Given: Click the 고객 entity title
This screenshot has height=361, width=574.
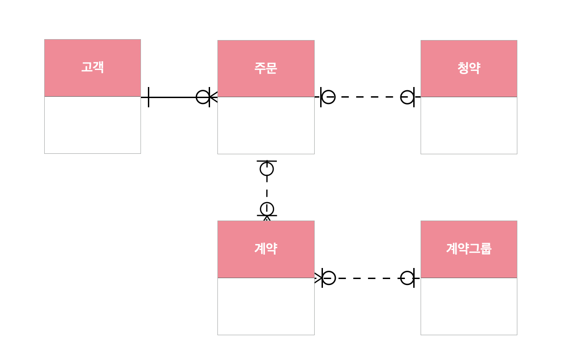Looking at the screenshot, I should pyautogui.click(x=93, y=67).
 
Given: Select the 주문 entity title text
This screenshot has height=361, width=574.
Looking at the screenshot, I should pyautogui.click(x=266, y=68).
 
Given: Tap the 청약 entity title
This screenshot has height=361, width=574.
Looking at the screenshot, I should pyautogui.click(x=469, y=68).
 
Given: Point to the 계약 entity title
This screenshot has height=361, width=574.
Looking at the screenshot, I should pyautogui.click(x=266, y=249).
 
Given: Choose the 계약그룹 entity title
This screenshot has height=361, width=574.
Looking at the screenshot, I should pyautogui.click(x=469, y=249).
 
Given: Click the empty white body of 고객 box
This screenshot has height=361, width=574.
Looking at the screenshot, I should pyautogui.click(x=93, y=125).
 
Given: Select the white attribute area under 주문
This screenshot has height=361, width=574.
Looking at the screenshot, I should pyautogui.click(x=266, y=125).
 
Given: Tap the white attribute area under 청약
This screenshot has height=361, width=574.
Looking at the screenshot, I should pyautogui.click(x=469, y=125).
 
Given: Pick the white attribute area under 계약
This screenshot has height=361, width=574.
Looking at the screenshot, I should pyautogui.click(x=266, y=306).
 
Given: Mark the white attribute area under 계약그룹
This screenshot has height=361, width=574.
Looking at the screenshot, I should pyautogui.click(x=469, y=306).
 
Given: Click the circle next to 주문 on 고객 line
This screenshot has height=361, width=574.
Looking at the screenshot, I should pyautogui.click(x=203, y=97).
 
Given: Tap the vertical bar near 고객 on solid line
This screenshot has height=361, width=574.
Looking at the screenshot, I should pyautogui.click(x=148, y=97).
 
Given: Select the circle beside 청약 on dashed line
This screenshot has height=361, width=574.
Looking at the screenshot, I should pyautogui.click(x=407, y=97).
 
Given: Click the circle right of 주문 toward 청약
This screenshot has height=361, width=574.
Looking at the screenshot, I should pyautogui.click(x=328, y=97).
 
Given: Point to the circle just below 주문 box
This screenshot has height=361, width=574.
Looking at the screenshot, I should pyautogui.click(x=267, y=169).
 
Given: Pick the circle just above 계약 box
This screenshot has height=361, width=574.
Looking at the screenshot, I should pyautogui.click(x=267, y=209).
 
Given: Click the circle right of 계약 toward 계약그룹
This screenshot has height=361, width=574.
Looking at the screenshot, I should pyautogui.click(x=328, y=278).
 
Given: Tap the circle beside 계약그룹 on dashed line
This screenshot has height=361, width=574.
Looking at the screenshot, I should pyautogui.click(x=407, y=278).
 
